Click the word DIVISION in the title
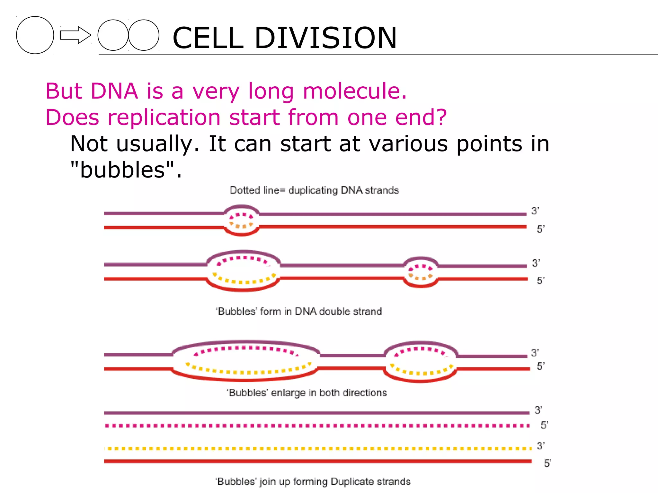coord(326,38)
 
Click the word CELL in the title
coord(208,38)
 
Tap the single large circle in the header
coord(35,35)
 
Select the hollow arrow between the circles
coord(76,35)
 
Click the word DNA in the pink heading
coord(114,91)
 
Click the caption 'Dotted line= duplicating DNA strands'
coord(314,190)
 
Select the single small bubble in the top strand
coord(242,221)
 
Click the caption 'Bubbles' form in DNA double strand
coord(298,311)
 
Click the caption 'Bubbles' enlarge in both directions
coord(307,393)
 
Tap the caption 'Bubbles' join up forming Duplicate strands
coord(313,481)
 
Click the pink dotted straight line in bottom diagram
coord(316,426)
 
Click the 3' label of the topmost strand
coord(535,211)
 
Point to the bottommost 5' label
coord(547,463)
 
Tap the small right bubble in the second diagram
coord(421,272)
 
